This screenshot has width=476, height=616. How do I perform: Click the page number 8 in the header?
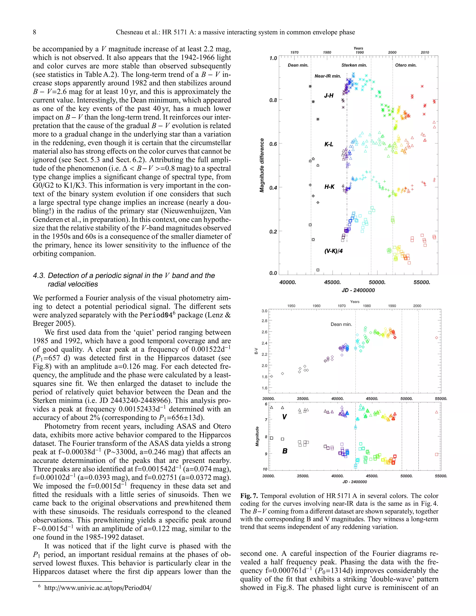[34, 32]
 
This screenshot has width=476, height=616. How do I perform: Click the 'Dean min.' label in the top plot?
[298, 65]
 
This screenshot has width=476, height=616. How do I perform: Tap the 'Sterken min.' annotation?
[354, 65]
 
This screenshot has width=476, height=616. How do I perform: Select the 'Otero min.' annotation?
[406, 65]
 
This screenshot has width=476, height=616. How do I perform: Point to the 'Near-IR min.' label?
[328, 76]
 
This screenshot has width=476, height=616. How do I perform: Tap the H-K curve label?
[329, 187]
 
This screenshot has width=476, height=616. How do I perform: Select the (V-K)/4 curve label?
[333, 251]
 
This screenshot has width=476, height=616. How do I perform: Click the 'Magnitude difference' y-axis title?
[262, 165]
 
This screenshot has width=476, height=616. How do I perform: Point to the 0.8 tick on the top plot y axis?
[273, 100]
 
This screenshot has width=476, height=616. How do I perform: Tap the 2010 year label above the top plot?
[425, 53]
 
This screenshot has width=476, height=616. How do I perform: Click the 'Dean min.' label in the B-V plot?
[341, 324]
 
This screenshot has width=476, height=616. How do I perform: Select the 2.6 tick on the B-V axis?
[264, 332]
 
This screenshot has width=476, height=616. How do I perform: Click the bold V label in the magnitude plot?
[284, 417]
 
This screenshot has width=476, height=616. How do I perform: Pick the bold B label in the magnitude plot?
[285, 451]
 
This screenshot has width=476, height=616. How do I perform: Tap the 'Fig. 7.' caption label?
[249, 496]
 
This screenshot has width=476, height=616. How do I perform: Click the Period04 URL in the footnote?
[98, 588]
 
